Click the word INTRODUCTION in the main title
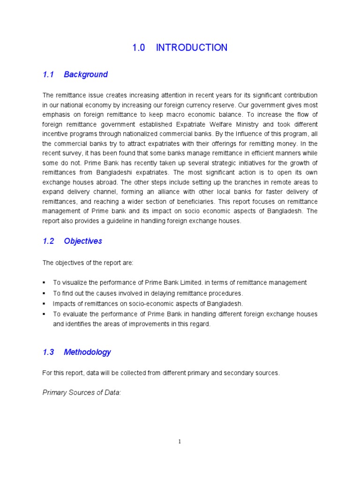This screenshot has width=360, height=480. pyautogui.click(x=191, y=47)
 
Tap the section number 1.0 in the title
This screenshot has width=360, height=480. pyautogui.click(x=139, y=47)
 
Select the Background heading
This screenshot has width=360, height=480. pyautogui.click(x=86, y=75)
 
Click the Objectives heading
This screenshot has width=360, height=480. pyautogui.click(x=83, y=241)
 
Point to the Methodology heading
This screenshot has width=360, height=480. pyautogui.click(x=88, y=352)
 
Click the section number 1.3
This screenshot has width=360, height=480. pyautogui.click(x=48, y=352)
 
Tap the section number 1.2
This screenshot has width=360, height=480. pyautogui.click(x=48, y=241)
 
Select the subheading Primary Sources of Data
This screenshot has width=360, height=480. pyautogui.click(x=82, y=392)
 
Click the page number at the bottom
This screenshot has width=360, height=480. pyautogui.click(x=180, y=441)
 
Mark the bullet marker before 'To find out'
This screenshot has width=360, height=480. pyautogui.click(x=44, y=293)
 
